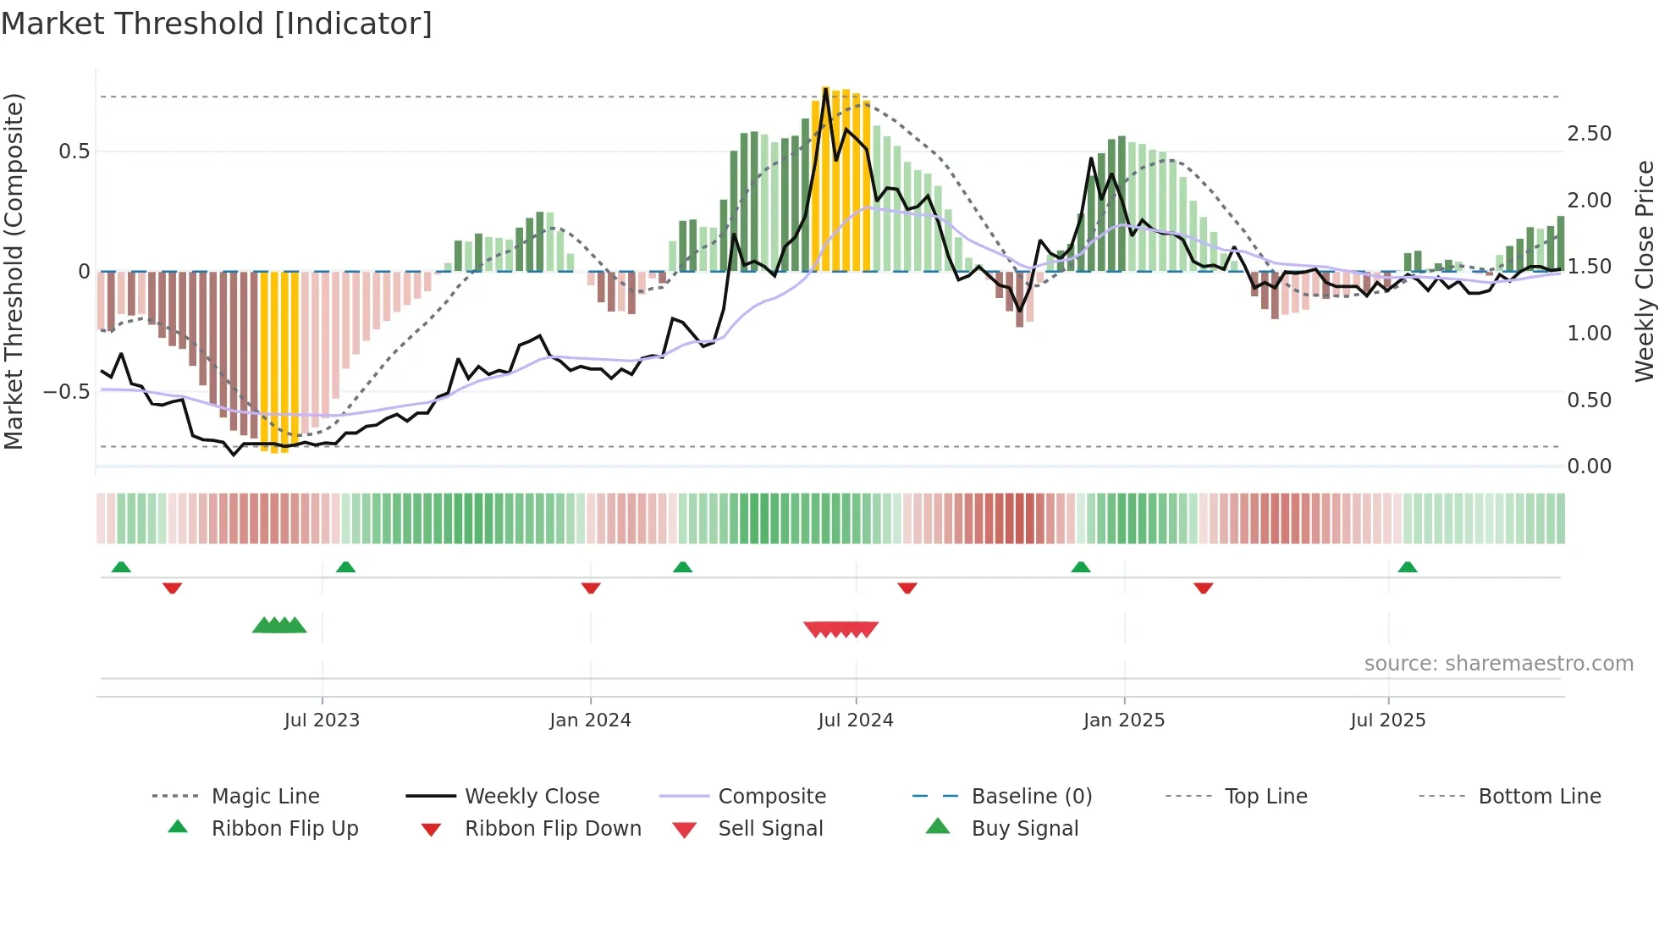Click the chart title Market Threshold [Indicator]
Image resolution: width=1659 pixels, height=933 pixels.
[217, 24]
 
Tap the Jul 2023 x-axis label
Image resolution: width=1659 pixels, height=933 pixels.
[322, 720]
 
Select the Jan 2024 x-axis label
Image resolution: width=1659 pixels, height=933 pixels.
[590, 720]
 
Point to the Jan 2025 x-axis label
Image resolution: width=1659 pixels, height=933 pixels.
[1124, 720]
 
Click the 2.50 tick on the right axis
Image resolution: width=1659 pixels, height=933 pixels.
[1589, 134]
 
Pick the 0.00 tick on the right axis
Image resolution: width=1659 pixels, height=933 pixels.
[1589, 466]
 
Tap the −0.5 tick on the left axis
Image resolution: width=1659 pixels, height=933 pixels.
[67, 392]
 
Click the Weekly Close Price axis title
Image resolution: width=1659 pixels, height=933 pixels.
[1644, 271]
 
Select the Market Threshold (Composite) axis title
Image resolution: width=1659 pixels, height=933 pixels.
[14, 271]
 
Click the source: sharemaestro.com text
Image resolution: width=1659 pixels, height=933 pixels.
[1498, 664]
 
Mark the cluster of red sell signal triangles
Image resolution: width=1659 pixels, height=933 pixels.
[841, 629]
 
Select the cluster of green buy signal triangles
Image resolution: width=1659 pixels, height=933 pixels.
[279, 626]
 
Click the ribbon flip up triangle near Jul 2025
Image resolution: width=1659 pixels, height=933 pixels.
[1407, 567]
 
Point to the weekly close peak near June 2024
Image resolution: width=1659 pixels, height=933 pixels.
[825, 89]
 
